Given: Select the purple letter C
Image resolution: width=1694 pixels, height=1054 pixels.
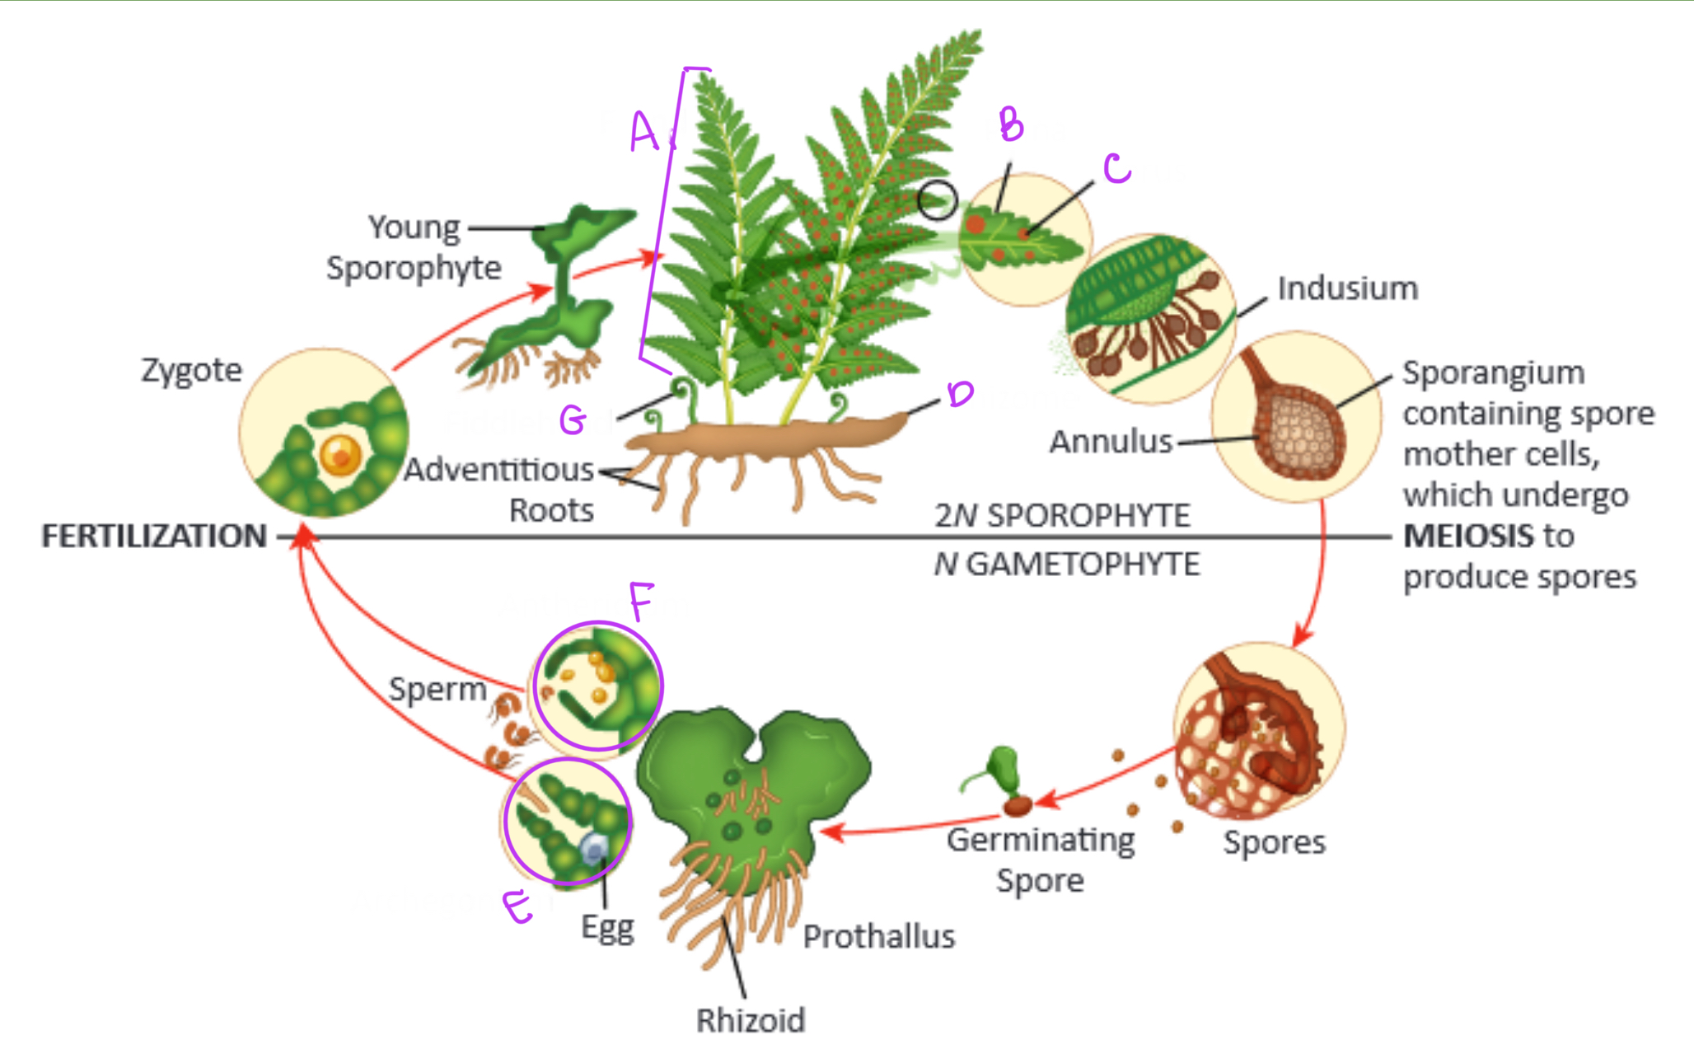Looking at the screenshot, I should pyautogui.click(x=1116, y=168).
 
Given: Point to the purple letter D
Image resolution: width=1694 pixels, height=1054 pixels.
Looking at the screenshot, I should pyautogui.click(x=960, y=394).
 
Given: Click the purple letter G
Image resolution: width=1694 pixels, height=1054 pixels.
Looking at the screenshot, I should pyautogui.click(x=573, y=420).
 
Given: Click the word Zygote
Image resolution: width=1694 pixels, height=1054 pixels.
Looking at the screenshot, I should pyautogui.click(x=191, y=370).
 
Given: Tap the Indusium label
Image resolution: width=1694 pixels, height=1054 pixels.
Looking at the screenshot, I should pyautogui.click(x=1347, y=288).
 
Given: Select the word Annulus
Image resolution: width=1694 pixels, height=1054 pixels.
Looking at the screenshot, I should pyautogui.click(x=1110, y=442).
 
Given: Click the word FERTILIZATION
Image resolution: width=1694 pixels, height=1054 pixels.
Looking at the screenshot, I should pyautogui.click(x=154, y=536).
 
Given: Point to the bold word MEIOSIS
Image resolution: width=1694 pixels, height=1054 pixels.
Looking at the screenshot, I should pyautogui.click(x=1468, y=536).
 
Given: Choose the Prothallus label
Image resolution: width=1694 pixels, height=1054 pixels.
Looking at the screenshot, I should pyautogui.click(x=878, y=936).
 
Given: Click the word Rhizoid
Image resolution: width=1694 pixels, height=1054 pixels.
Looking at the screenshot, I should pyautogui.click(x=750, y=1020).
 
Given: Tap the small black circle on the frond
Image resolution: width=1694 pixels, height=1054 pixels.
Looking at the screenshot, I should pyautogui.click(x=938, y=200).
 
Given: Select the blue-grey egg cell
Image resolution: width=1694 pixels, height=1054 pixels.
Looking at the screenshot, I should pyautogui.click(x=594, y=849).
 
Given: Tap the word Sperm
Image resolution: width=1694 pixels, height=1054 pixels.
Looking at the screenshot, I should pyautogui.click(x=438, y=689).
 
